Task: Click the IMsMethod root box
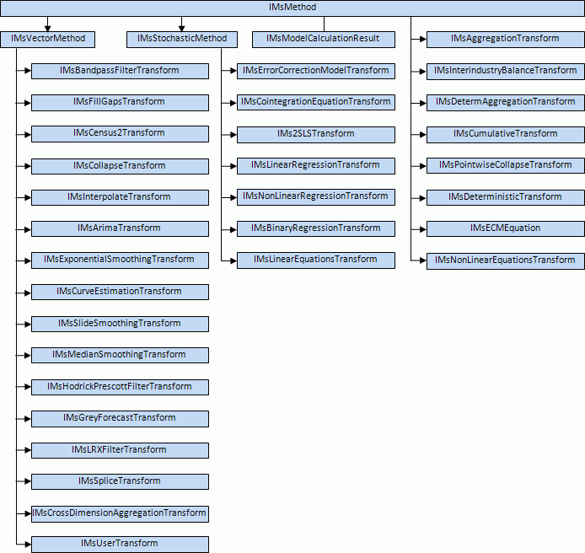pyautogui.click(x=292, y=8)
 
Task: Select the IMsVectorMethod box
pyautogui.click(x=48, y=39)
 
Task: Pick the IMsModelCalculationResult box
pyautogui.click(x=323, y=39)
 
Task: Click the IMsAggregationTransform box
pyautogui.click(x=505, y=39)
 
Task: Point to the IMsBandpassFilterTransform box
pyautogui.click(x=120, y=71)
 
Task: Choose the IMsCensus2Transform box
pyautogui.click(x=120, y=134)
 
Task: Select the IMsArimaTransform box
pyautogui.click(x=120, y=228)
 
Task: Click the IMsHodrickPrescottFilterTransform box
pyautogui.click(x=120, y=387)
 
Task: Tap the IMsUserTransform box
pyautogui.click(x=120, y=544)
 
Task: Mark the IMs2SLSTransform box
pyautogui.click(x=315, y=134)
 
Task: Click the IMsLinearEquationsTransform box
pyautogui.click(x=315, y=260)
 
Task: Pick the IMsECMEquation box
pyautogui.click(x=505, y=228)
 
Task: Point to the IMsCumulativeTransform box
pyautogui.click(x=505, y=134)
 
